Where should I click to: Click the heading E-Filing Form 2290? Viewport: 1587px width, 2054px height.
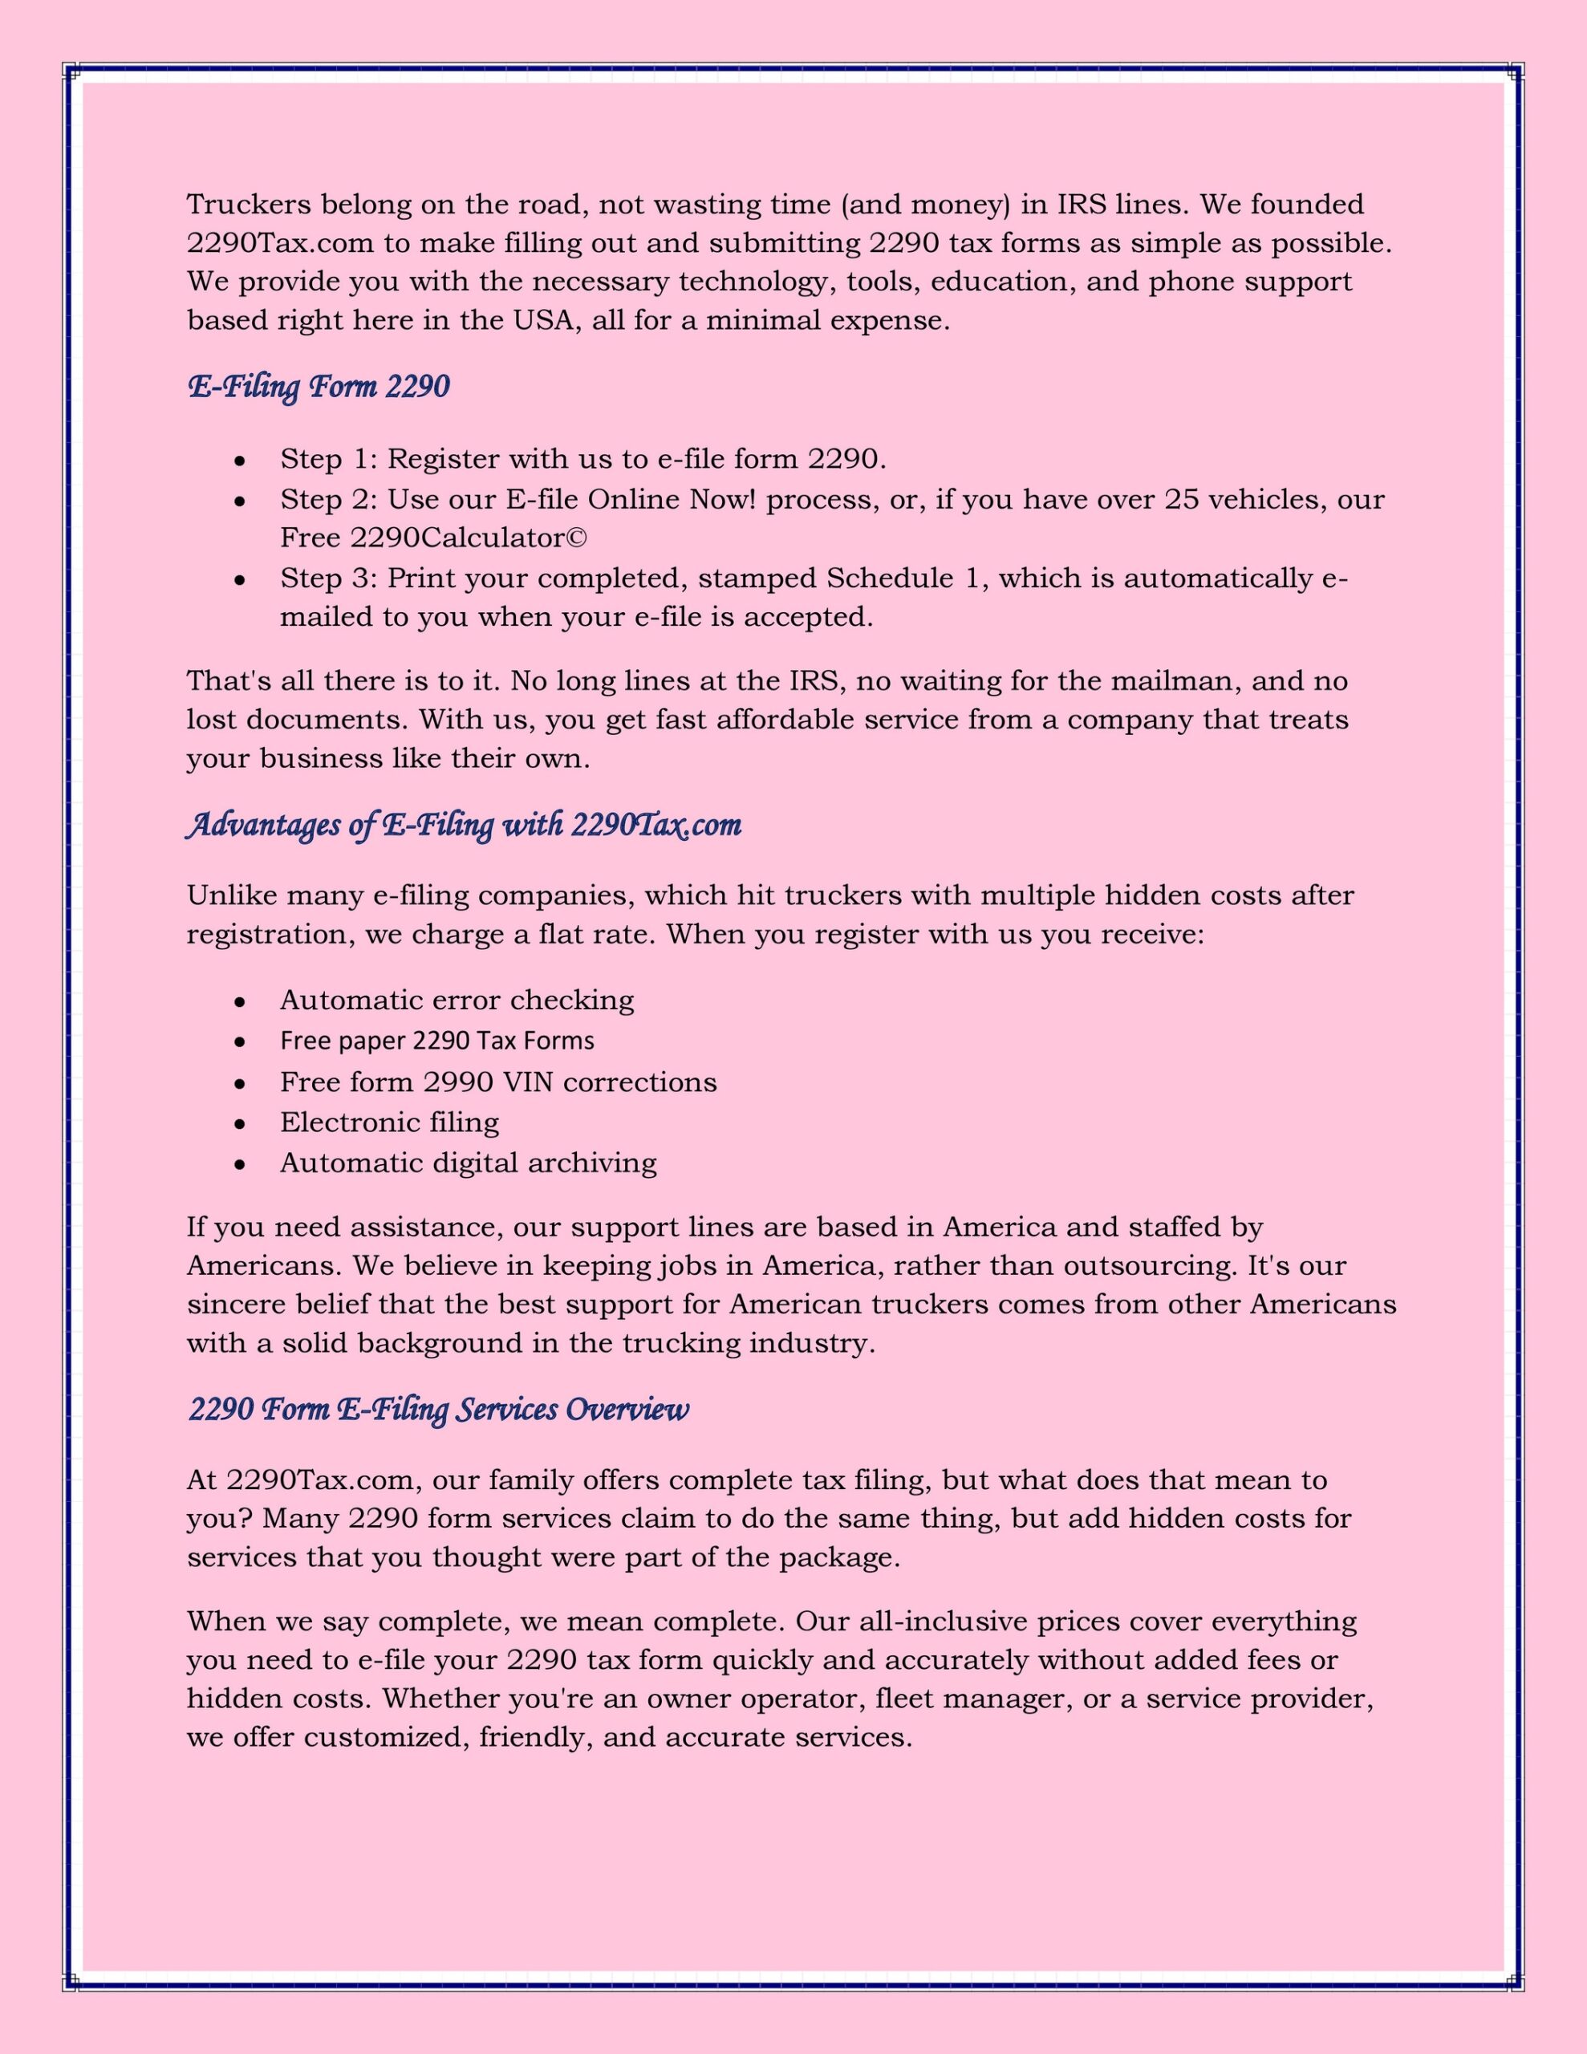pos(319,387)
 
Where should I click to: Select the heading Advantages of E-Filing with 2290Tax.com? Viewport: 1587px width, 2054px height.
pos(464,825)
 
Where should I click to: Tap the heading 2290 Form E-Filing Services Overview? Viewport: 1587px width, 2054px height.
pos(438,1409)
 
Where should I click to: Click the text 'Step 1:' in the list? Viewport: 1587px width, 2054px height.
pos(328,459)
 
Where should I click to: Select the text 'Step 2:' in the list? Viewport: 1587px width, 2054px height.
pos(328,498)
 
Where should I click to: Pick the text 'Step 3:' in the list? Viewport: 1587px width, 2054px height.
pos(328,578)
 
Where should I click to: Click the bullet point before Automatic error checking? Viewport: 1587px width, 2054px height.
pos(240,1001)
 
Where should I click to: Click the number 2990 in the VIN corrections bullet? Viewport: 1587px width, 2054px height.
pos(458,1082)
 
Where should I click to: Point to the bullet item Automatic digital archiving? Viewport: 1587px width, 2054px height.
pos(468,1163)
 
